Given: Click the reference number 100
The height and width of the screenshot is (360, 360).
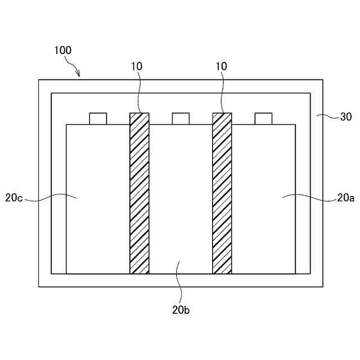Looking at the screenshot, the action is click(x=62, y=51).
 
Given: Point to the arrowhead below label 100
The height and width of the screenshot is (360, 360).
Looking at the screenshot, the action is click(x=79, y=75).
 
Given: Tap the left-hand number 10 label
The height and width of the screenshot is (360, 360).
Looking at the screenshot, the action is click(x=137, y=66).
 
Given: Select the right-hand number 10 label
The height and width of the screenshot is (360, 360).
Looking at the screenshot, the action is click(x=221, y=66).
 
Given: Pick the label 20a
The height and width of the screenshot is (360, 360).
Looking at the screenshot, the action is click(x=346, y=197).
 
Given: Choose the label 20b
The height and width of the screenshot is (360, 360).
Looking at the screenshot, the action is click(x=182, y=308).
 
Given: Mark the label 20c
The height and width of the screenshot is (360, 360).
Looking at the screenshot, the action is click(x=13, y=197).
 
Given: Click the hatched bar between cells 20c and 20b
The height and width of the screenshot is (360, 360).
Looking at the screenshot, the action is click(x=139, y=193).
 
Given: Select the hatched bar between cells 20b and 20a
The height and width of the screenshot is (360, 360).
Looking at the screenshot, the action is click(x=222, y=193).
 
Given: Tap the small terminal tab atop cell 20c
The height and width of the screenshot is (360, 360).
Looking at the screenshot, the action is click(x=98, y=119).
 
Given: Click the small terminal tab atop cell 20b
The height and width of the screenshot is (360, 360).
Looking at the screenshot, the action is click(x=181, y=119).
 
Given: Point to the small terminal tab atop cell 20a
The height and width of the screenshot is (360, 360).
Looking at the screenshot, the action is click(x=263, y=119).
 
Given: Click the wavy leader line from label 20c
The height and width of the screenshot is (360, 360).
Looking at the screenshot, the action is click(x=51, y=197).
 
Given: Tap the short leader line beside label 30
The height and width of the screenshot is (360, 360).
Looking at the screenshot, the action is click(x=326, y=117).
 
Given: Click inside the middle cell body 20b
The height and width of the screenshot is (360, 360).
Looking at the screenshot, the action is click(x=181, y=197).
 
